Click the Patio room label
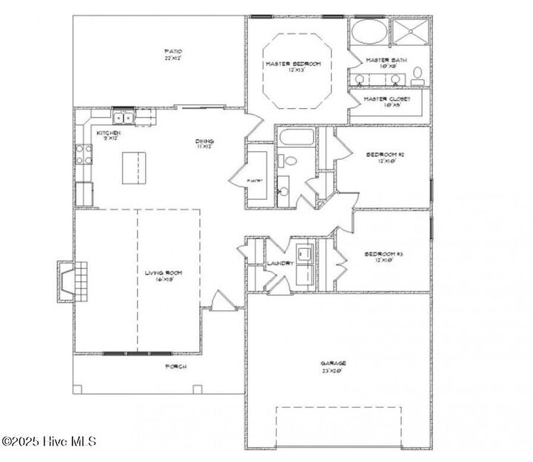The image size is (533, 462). pyautogui.click(x=172, y=53)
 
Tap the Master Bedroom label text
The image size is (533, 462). pyautogui.click(x=294, y=65)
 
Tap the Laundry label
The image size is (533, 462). pyautogui.click(x=281, y=264)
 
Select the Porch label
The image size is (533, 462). pyautogui.click(x=175, y=366)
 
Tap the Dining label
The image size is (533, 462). pyautogui.click(x=205, y=144)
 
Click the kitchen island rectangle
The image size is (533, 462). pyautogui.click(x=134, y=168)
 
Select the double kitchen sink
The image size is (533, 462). pyautogui.click(x=124, y=116)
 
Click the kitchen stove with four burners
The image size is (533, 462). pyautogui.click(x=84, y=153)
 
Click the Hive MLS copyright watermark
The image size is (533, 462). pyautogui.click(x=49, y=442)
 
